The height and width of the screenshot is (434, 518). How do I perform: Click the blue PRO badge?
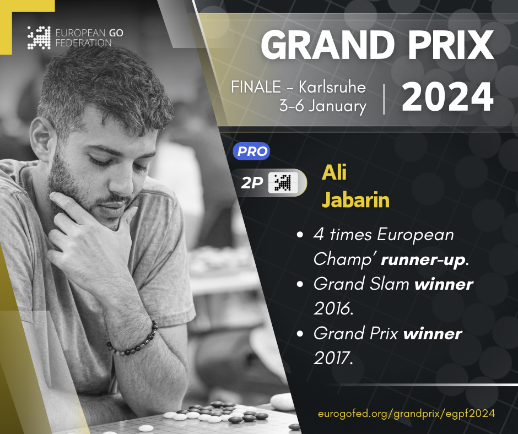251,151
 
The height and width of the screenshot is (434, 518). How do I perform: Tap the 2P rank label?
252,183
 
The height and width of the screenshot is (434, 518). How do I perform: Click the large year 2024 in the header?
447,97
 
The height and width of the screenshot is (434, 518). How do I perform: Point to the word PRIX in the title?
451,45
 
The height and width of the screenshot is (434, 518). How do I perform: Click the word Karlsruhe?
332,87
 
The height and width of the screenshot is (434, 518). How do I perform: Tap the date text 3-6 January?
323,106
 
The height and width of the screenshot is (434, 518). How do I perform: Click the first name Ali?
334,172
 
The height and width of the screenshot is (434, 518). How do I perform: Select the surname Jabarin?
355,200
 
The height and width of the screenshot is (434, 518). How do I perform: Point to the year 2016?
333,308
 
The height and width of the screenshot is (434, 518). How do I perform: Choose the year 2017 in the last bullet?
333,358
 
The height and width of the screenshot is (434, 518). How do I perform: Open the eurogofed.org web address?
406,414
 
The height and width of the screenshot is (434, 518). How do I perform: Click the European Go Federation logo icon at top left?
39,37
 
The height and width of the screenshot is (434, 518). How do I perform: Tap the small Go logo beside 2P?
283,183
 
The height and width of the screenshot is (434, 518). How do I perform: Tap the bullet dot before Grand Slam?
300,284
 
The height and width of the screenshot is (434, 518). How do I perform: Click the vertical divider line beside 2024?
384,99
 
